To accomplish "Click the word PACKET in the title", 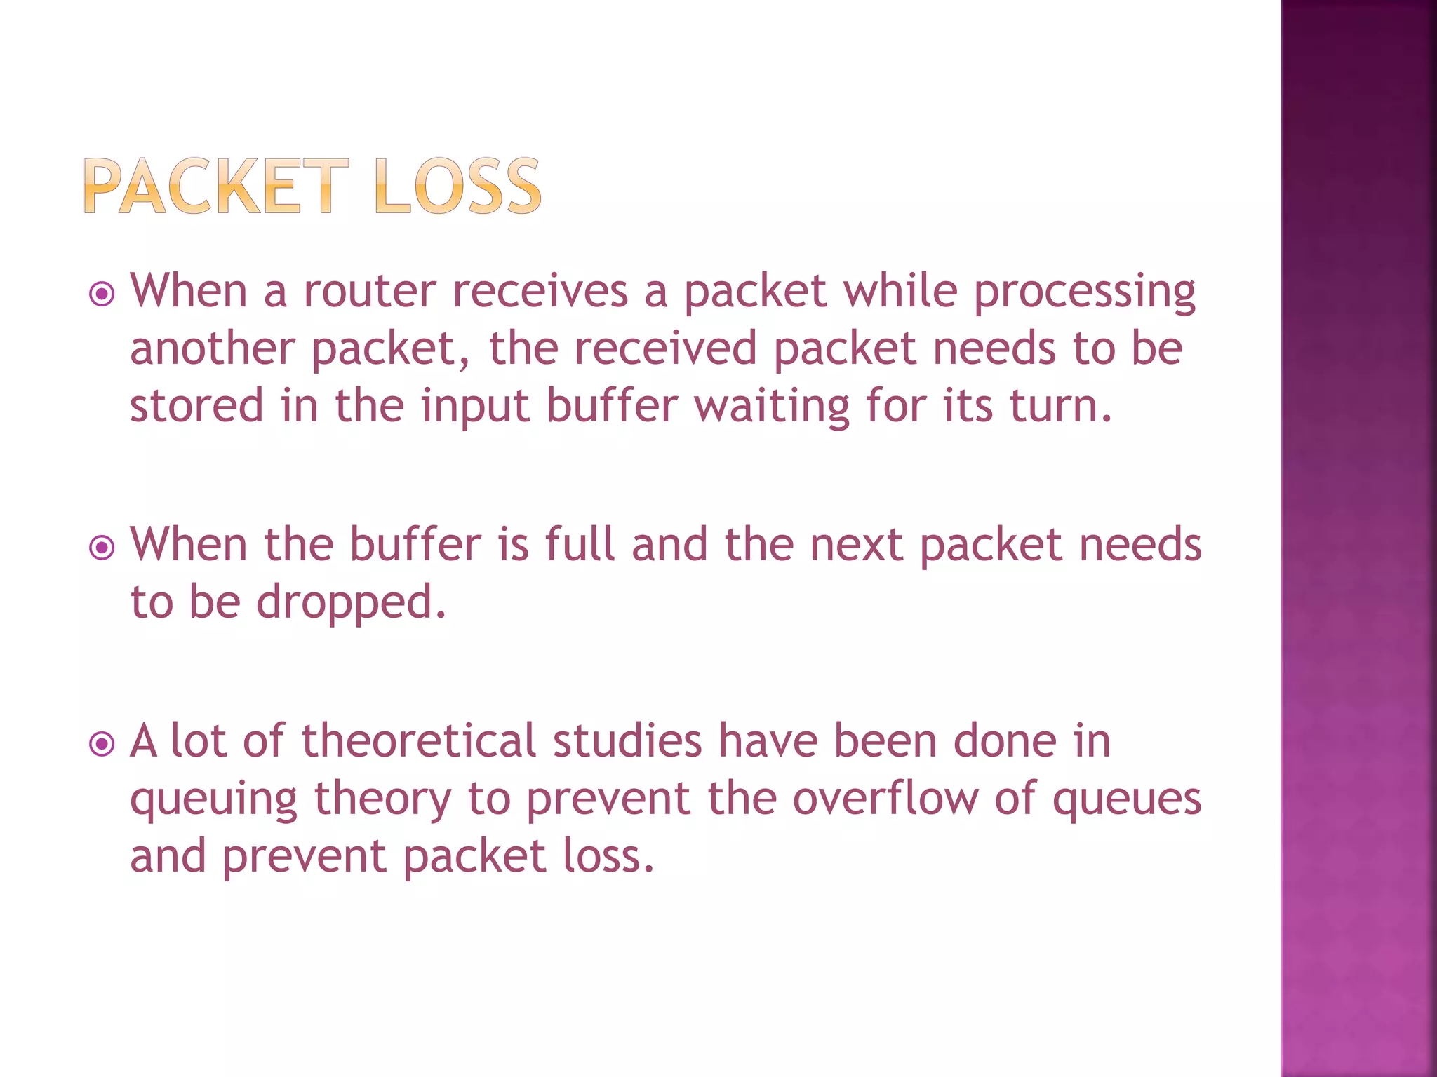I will coord(216,186).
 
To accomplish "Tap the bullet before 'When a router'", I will coord(102,294).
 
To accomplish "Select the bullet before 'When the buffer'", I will coord(102,548).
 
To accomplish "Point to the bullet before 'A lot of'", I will coord(102,744).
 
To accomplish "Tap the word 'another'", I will coord(213,348).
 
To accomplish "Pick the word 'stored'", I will coord(196,406).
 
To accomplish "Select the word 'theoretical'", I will coord(419,741).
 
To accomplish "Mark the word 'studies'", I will coord(627,741).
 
